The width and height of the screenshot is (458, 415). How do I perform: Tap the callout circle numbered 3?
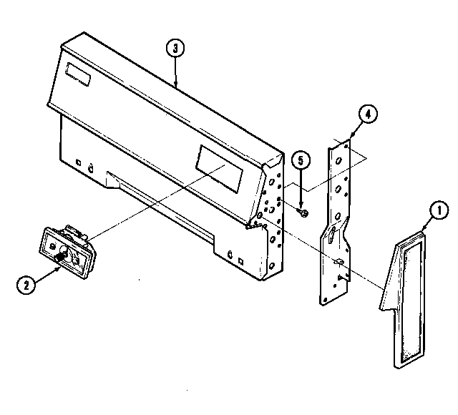174,49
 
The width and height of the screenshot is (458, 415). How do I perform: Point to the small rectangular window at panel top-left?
74,72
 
